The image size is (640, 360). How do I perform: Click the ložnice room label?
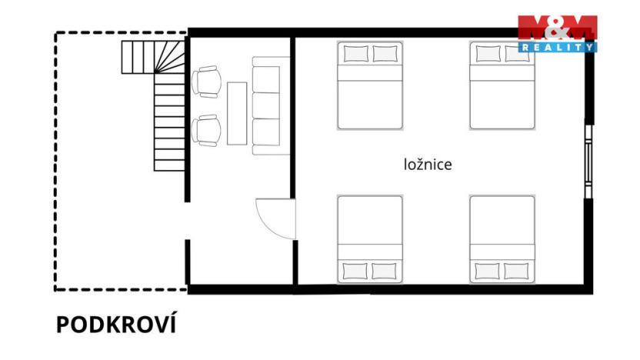point(428,164)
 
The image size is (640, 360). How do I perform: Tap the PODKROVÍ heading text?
point(115,325)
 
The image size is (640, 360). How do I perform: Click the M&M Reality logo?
point(557,33)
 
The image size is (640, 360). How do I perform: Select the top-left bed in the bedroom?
point(370,85)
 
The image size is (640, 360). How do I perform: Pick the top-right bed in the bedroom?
point(502,85)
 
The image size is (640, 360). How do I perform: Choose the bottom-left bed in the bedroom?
point(370,238)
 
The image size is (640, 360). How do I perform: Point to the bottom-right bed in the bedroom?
point(502,238)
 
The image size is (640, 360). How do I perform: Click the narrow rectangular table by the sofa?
point(237,112)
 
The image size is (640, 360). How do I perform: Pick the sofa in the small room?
point(266,105)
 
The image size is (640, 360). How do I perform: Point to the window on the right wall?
point(589,159)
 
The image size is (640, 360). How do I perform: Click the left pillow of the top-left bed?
point(355,54)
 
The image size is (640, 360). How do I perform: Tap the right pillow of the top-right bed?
point(517,54)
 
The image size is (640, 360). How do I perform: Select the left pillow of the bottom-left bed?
point(355,271)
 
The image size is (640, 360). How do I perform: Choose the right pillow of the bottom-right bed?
point(517,271)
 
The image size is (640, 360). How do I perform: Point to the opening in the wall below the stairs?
point(188,222)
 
